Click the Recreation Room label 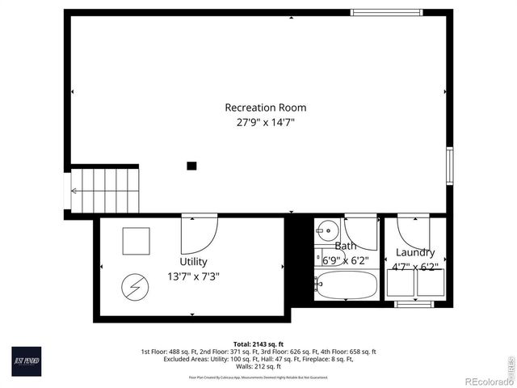pyautogui.click(x=265, y=108)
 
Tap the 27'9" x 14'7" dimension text pyautogui.click(x=265, y=123)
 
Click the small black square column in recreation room pyautogui.click(x=191, y=166)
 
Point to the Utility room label pyautogui.click(x=193, y=262)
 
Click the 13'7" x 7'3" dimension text pyautogui.click(x=193, y=276)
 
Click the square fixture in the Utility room pyautogui.click(x=136, y=240)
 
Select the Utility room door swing pyautogui.click(x=198, y=234)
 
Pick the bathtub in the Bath pyautogui.click(x=346, y=285)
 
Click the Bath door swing pyautogui.click(x=361, y=234)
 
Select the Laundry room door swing pyautogui.click(x=414, y=234)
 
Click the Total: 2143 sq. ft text pyautogui.click(x=258, y=344)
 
